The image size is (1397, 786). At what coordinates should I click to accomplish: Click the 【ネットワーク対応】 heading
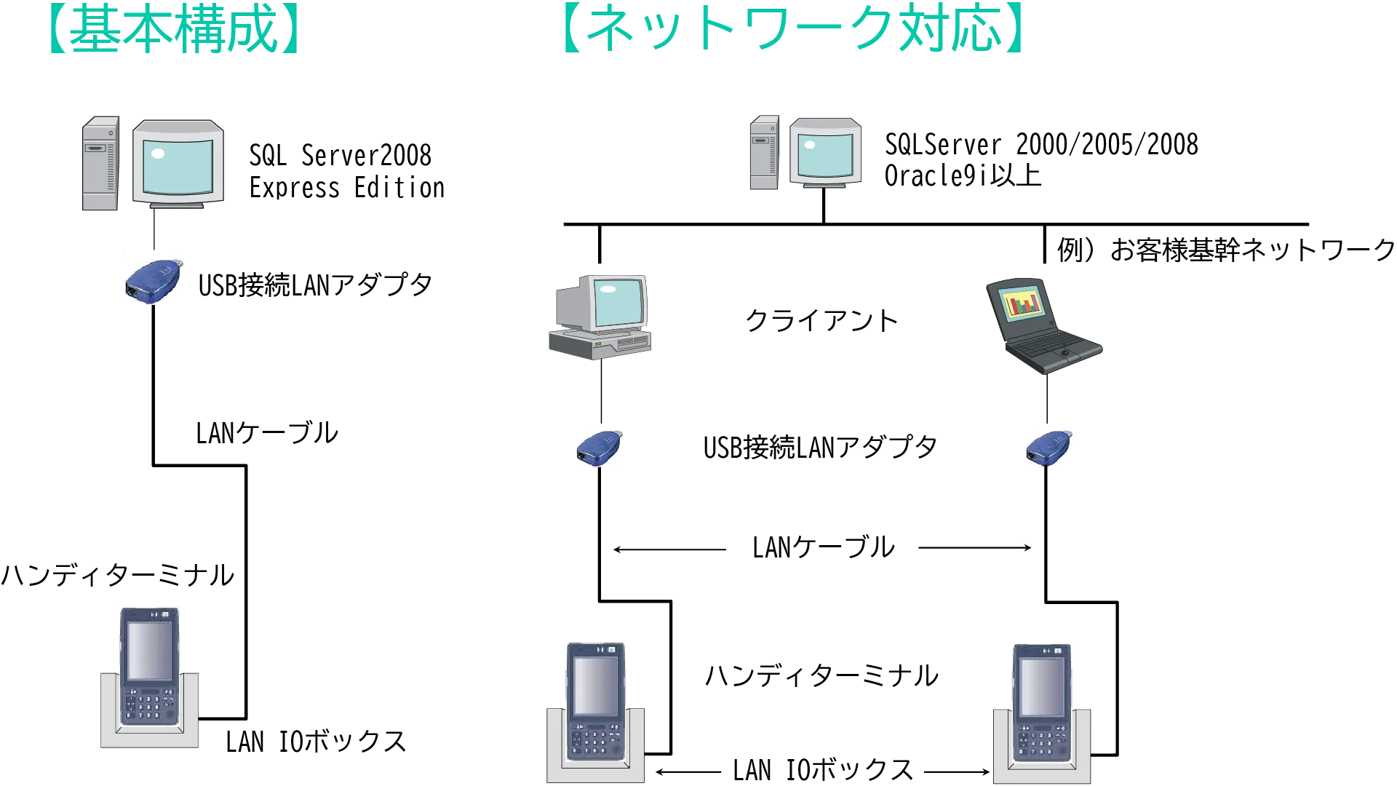click(794, 31)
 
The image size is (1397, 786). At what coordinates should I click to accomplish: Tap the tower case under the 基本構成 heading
click(101, 163)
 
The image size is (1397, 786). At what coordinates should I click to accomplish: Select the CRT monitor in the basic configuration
click(178, 161)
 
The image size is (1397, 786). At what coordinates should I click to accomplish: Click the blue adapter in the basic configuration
click(153, 281)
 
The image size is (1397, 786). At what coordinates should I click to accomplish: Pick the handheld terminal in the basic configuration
click(150, 666)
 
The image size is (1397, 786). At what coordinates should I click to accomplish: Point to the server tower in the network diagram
click(763, 153)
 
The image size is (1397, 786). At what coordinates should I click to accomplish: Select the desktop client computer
click(600, 317)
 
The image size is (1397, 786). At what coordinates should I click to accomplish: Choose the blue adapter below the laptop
click(1049, 447)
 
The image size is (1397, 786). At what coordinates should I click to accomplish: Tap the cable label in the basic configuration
click(266, 434)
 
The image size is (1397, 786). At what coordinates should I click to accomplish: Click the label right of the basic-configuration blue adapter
click(317, 284)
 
